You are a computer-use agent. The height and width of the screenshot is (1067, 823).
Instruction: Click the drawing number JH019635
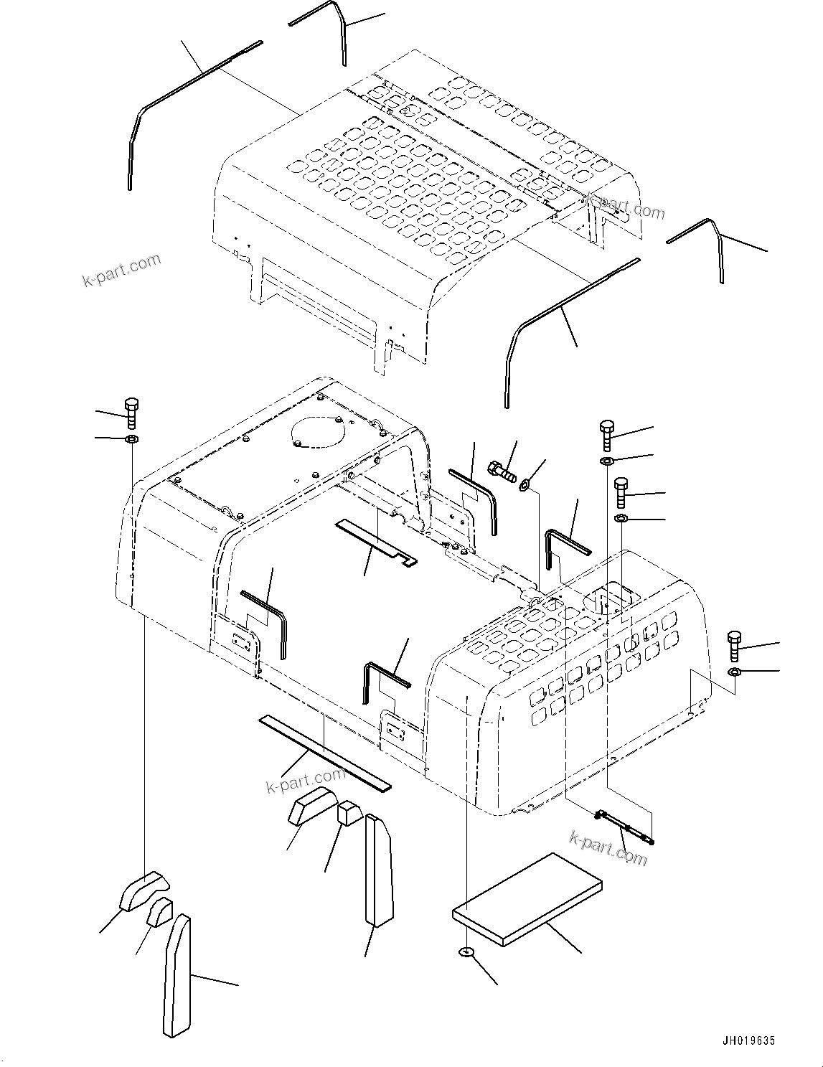click(x=749, y=1040)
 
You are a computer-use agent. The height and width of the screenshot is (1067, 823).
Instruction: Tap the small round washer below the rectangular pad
click(x=467, y=952)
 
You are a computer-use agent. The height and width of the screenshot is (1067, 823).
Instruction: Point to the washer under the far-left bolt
click(x=133, y=439)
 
